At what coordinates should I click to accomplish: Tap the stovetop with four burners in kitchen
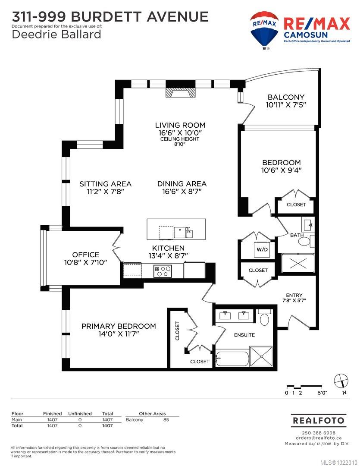click(x=163, y=271)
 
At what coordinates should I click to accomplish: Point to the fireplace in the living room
click(x=181, y=94)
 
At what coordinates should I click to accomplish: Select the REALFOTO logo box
click(x=319, y=419)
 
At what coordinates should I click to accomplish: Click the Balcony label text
click(x=286, y=97)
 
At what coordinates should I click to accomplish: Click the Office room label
click(x=85, y=255)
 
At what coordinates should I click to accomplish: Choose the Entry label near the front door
click(x=294, y=295)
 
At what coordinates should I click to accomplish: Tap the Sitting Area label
click(x=105, y=184)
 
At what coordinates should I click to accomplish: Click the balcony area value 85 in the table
click(x=166, y=419)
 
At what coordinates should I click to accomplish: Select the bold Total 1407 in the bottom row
click(x=107, y=425)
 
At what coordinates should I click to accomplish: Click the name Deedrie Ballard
click(x=56, y=34)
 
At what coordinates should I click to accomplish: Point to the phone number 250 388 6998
click(x=319, y=433)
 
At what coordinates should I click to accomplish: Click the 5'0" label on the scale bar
click(x=322, y=393)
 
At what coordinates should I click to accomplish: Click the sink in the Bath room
click(x=308, y=225)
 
